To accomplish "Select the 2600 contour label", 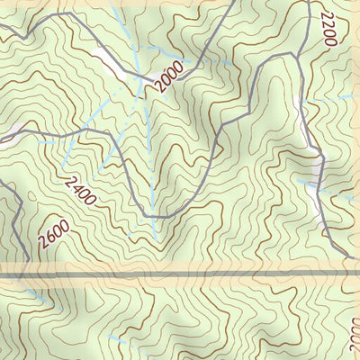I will (x=54, y=237).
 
